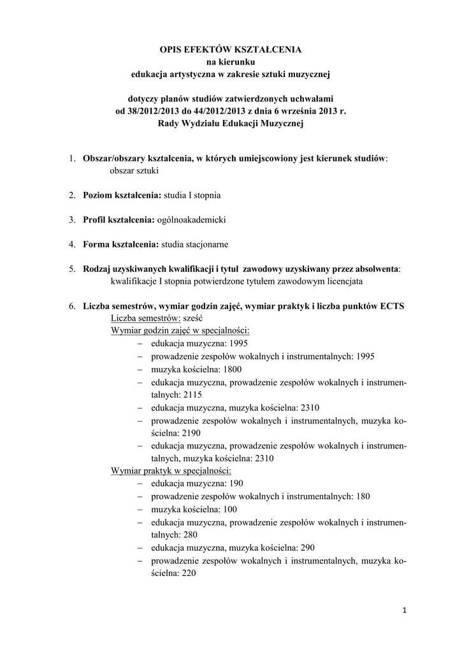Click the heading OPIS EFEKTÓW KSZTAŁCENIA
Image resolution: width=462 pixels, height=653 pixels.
(231, 49)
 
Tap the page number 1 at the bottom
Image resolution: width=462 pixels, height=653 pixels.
(404, 610)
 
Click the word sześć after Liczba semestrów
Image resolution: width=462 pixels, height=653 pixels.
(193, 318)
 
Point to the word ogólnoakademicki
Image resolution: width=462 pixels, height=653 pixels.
(192, 219)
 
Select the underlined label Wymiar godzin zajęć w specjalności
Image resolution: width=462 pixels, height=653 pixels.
(180, 331)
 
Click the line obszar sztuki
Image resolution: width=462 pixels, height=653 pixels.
(134, 171)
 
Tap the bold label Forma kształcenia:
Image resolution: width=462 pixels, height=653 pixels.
(121, 244)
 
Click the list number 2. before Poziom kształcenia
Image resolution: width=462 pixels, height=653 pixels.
(73, 195)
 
